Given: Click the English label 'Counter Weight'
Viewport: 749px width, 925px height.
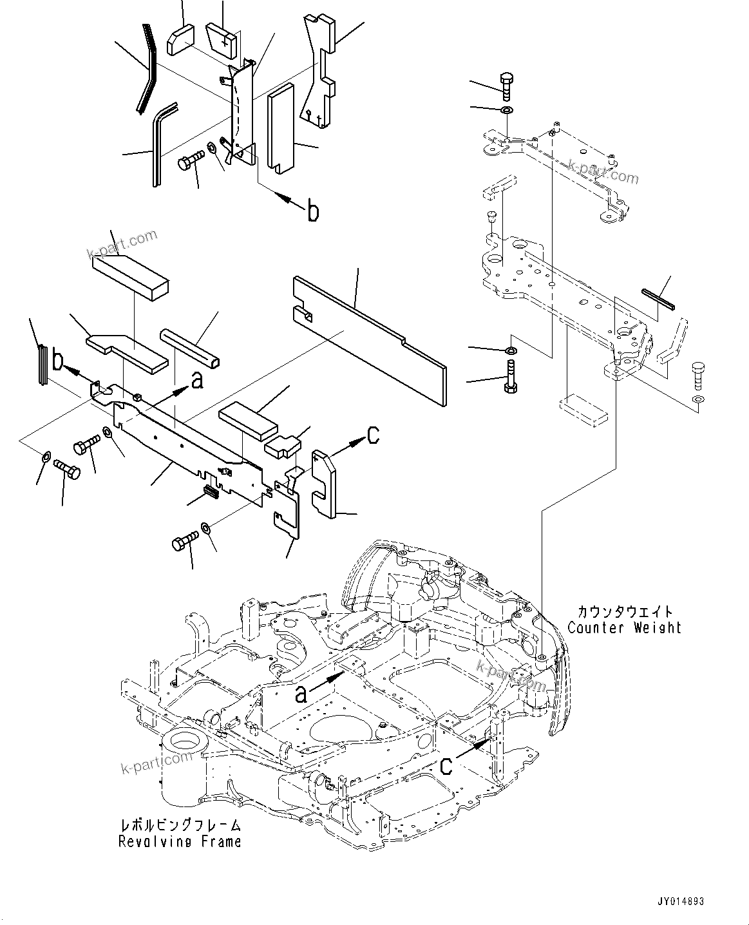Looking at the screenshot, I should pos(623,627).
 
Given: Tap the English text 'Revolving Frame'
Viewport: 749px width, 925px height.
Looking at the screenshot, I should pos(180,841).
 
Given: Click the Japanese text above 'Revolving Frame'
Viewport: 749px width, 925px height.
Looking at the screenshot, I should pos(180,825).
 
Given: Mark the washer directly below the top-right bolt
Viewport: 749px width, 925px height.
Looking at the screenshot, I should pos(507,111).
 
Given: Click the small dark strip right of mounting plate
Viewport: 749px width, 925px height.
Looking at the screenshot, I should pos(658,299).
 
